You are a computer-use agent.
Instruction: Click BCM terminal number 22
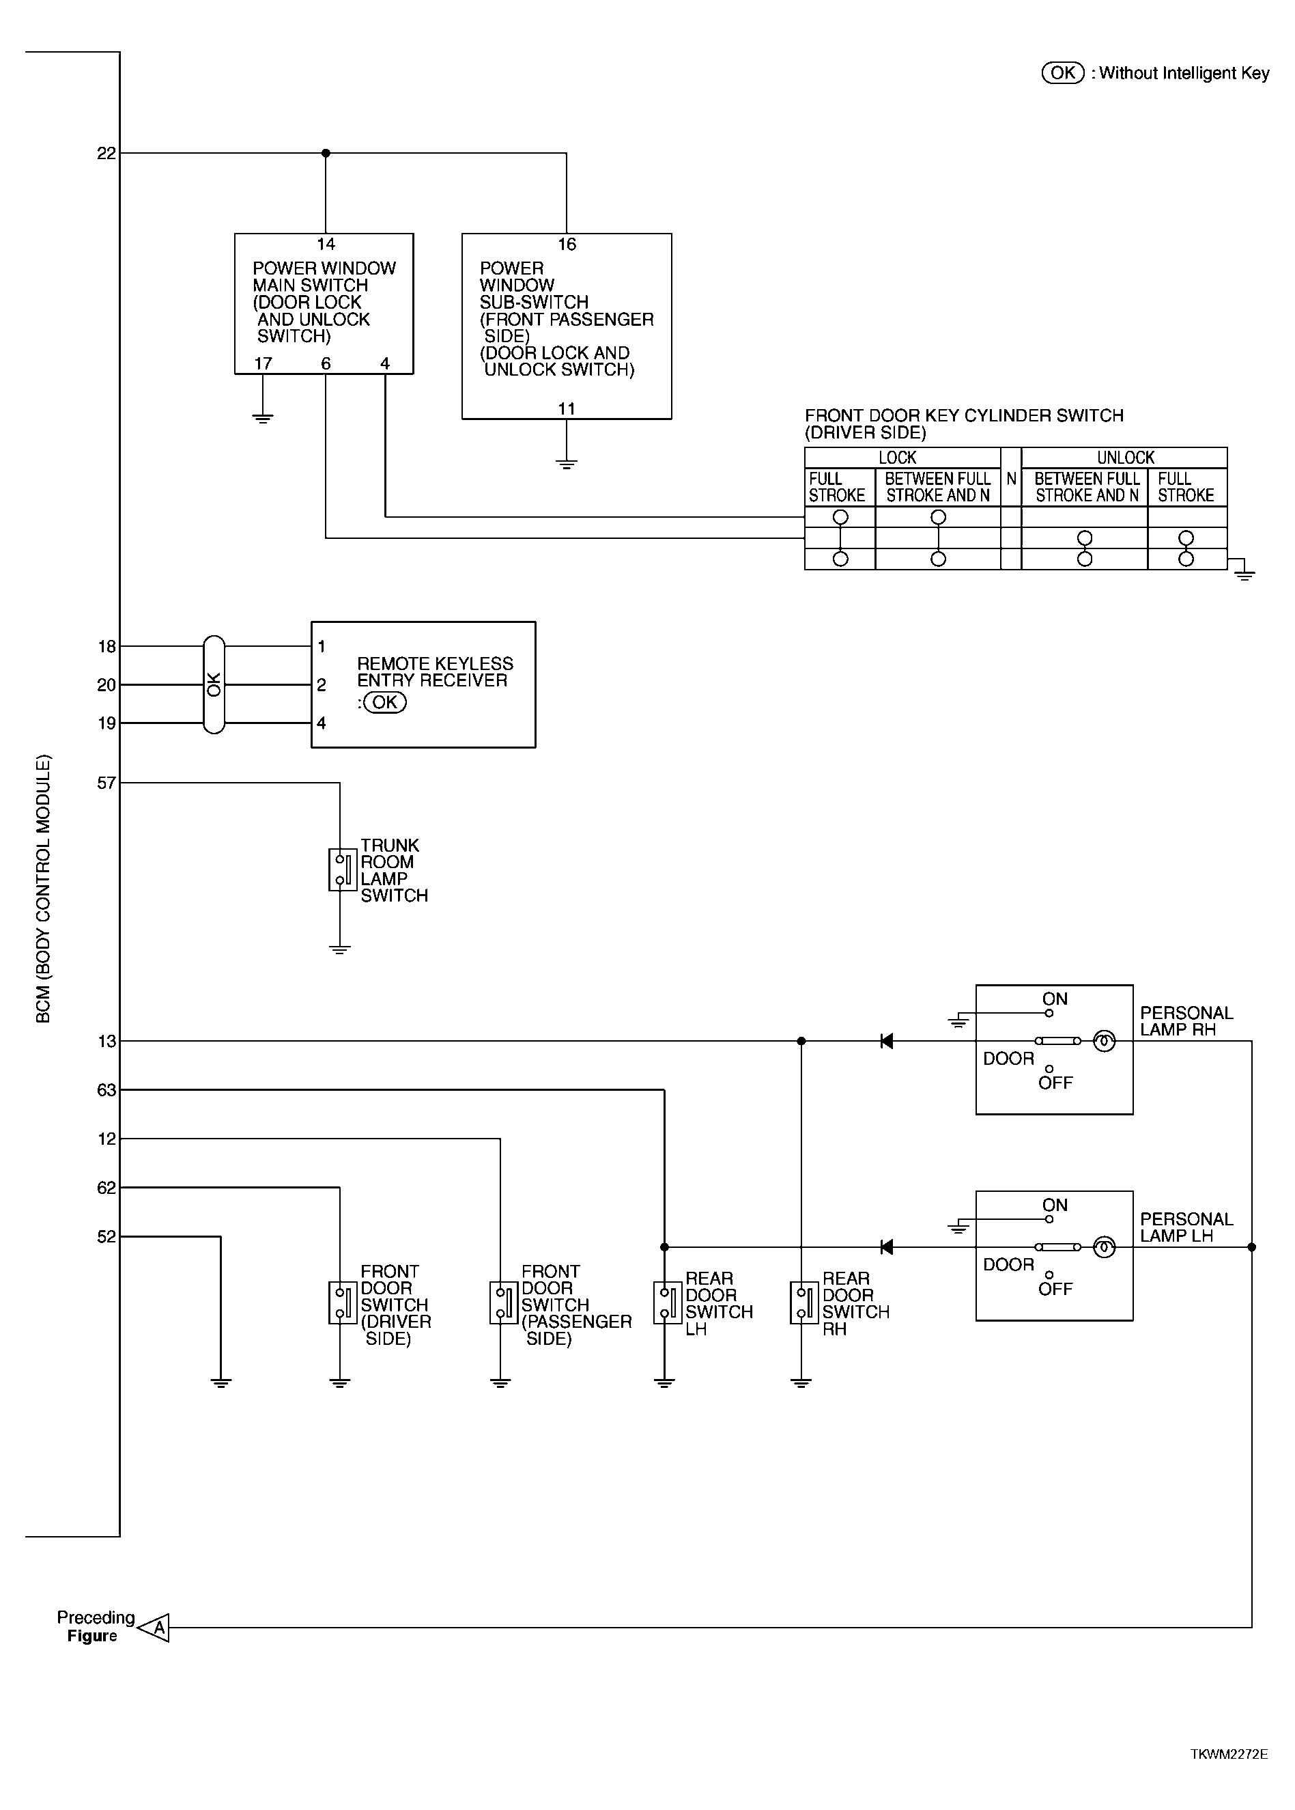(x=106, y=153)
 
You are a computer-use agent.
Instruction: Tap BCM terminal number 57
(x=106, y=783)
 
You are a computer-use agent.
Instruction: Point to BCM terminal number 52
(x=106, y=1237)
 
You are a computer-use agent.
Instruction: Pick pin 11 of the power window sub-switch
(x=566, y=408)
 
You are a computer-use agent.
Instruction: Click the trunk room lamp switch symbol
(x=342, y=869)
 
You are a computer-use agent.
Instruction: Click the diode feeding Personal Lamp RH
(x=886, y=1041)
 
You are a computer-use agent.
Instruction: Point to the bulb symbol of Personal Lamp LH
(x=1104, y=1247)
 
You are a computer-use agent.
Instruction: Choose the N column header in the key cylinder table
(x=1011, y=479)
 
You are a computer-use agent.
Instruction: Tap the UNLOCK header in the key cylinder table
(x=1125, y=458)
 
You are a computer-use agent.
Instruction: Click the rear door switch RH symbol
(x=803, y=1303)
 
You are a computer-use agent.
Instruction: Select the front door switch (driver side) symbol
(x=342, y=1303)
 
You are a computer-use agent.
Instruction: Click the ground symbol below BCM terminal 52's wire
(x=221, y=1383)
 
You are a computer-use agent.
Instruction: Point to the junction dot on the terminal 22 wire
(x=326, y=153)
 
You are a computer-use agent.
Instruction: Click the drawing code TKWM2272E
(x=1229, y=1754)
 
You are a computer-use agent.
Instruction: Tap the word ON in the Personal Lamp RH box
(x=1054, y=999)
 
